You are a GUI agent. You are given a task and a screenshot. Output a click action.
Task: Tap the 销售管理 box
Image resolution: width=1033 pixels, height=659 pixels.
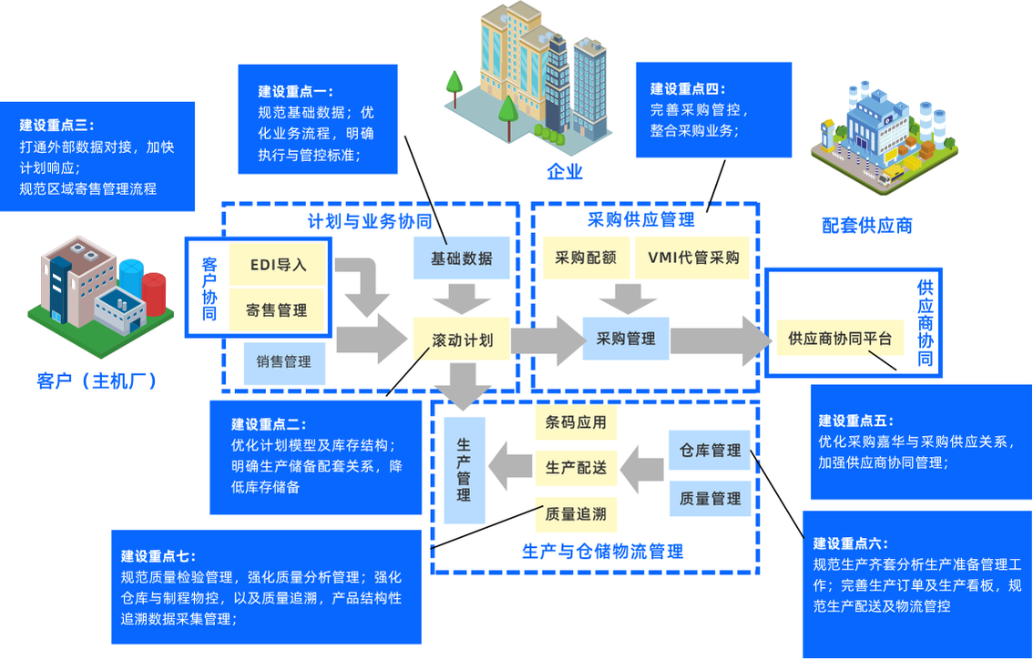(x=284, y=361)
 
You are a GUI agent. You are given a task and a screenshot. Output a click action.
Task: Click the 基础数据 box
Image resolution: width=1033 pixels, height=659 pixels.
(x=462, y=259)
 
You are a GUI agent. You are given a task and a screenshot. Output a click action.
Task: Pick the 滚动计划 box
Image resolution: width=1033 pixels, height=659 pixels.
(x=462, y=340)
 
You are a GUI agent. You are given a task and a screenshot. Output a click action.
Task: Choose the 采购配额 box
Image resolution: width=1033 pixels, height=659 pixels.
(x=586, y=258)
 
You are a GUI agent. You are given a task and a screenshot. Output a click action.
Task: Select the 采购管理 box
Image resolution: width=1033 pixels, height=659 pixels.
(x=626, y=339)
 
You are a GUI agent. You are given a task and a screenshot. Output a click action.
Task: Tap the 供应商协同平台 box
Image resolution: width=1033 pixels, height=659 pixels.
(x=839, y=339)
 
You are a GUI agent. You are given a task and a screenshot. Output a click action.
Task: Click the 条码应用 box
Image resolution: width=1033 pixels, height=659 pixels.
(x=575, y=422)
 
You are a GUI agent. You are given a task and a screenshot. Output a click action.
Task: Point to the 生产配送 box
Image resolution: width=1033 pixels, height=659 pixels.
(x=575, y=468)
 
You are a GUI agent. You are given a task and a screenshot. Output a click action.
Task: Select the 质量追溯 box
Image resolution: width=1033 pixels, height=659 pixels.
(x=575, y=513)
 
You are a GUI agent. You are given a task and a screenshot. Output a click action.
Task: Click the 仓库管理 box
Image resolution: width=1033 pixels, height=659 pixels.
(x=710, y=451)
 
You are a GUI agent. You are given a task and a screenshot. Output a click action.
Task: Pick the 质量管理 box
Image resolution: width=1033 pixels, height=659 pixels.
(x=710, y=498)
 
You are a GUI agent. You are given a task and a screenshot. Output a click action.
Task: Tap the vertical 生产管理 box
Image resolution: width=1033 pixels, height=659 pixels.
(x=464, y=470)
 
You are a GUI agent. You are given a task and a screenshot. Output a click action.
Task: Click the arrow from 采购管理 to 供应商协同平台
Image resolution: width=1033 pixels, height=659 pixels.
(x=719, y=339)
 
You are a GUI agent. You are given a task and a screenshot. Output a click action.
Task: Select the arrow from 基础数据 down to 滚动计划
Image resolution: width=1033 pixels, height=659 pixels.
(x=462, y=297)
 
